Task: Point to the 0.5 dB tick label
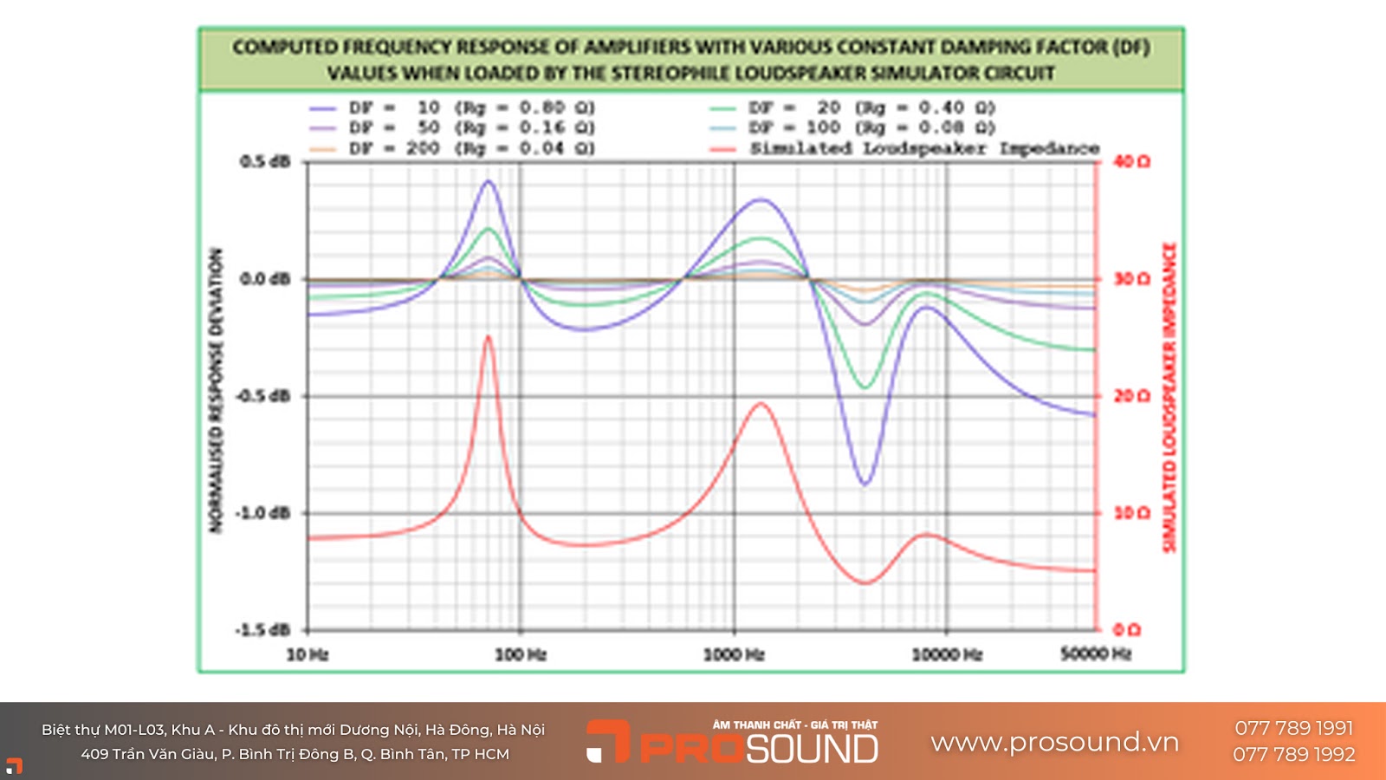265,162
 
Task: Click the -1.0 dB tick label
263,513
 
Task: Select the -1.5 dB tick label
263,630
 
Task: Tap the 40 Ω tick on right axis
1131,162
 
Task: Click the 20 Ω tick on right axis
1131,396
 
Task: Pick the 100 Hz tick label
521,654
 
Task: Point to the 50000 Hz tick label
1096,653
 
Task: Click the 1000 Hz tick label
734,654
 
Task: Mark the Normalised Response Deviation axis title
216,390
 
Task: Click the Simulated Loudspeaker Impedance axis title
1169,397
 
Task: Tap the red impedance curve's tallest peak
489,337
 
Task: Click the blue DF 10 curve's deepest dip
865,484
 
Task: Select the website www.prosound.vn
1054,742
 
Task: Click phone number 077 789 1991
1293,728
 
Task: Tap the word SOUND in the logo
813,749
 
